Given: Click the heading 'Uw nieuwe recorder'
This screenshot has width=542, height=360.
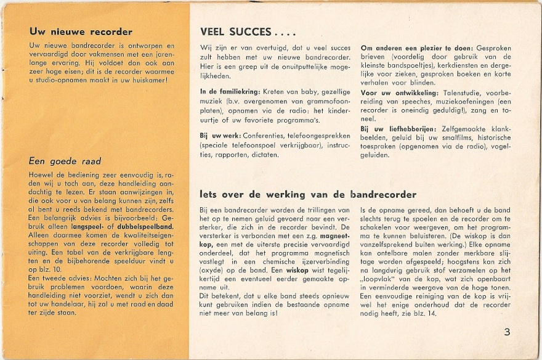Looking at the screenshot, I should (80, 32).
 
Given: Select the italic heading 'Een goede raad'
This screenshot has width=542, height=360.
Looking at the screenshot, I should (65, 162).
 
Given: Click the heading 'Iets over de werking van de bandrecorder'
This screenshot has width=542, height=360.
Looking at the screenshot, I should (308, 195).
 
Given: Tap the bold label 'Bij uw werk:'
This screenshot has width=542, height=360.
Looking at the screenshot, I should (220, 136).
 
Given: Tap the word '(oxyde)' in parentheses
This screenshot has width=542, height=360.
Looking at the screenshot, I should (213, 270).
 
